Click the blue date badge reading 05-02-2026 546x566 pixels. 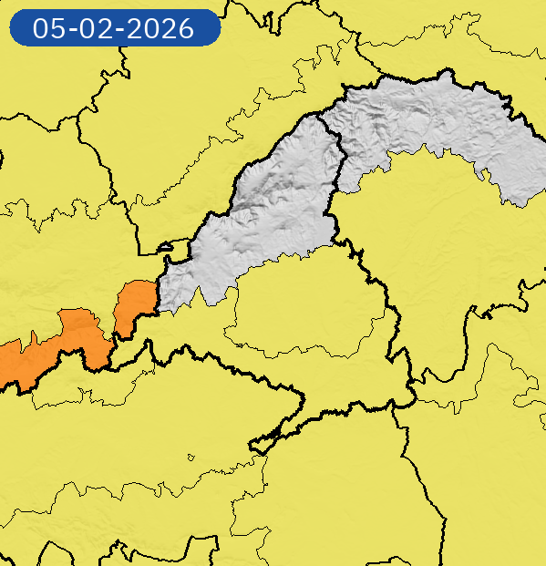point(114,28)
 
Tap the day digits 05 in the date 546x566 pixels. point(48,28)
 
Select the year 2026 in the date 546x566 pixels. point(162,28)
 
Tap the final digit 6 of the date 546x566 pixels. point(185,28)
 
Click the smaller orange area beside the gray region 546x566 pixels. point(134,305)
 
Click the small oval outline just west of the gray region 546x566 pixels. point(177,246)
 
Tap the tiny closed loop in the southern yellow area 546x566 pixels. point(191,458)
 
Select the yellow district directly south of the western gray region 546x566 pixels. point(301,310)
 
